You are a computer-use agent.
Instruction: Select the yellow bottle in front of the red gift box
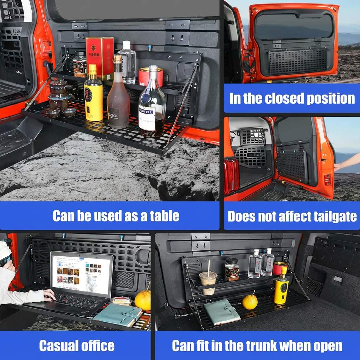[94, 95]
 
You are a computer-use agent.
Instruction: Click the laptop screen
[81, 273]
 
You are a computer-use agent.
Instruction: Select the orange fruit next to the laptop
[142, 300]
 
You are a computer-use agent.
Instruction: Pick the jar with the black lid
[232, 270]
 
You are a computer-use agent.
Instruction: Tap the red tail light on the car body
[231, 176]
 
